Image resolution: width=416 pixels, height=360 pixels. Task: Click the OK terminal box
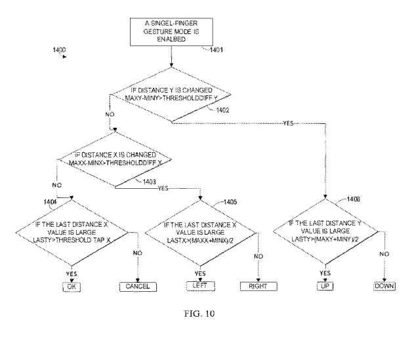[x=70, y=286]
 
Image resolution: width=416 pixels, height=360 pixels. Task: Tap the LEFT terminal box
[x=199, y=287]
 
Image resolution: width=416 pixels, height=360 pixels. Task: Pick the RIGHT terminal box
[x=259, y=287]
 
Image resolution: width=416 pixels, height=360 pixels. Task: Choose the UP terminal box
[x=325, y=287]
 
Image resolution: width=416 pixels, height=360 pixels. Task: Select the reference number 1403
[x=148, y=182]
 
